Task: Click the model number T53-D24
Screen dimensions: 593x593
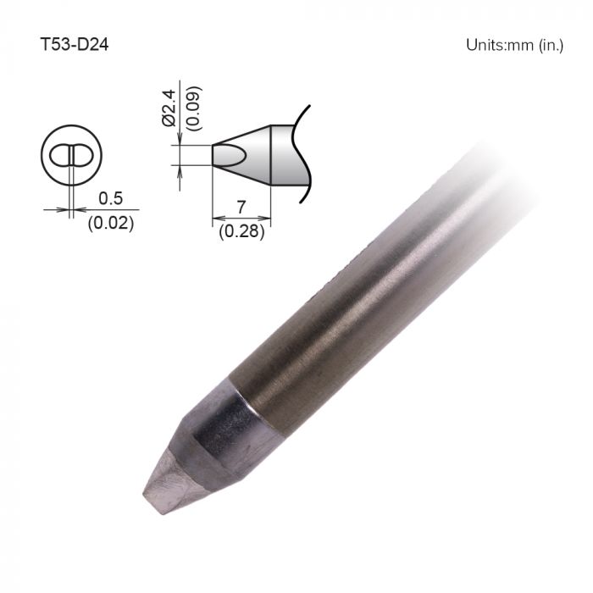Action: click(74, 43)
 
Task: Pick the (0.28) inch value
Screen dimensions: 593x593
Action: click(241, 229)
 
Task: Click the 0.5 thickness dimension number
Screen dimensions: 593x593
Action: click(110, 199)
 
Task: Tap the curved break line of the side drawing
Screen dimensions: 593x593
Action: click(305, 152)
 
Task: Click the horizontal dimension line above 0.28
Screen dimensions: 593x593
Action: click(241, 218)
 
